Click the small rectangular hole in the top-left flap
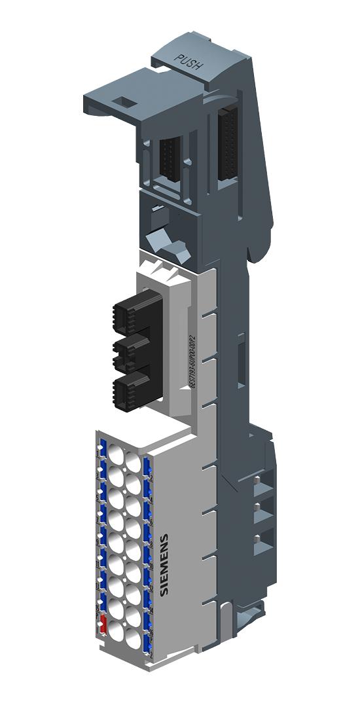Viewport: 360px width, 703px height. click(122, 102)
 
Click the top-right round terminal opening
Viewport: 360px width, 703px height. click(133, 461)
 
